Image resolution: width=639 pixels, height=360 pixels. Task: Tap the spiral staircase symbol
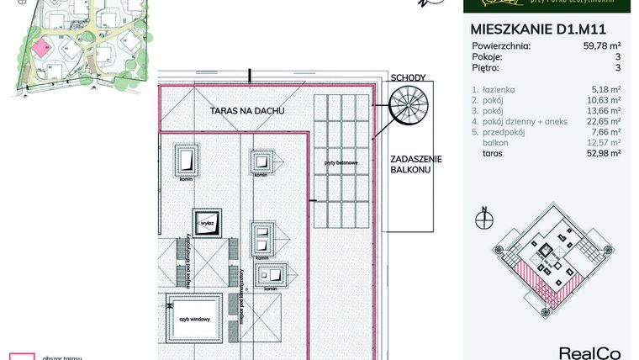tap(408, 109)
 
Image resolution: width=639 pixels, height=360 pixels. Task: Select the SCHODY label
tap(408, 78)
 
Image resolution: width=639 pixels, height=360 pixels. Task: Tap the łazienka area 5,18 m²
tap(606, 88)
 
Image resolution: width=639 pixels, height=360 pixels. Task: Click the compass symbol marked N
tap(483, 220)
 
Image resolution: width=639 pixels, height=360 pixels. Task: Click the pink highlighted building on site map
tap(41, 47)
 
